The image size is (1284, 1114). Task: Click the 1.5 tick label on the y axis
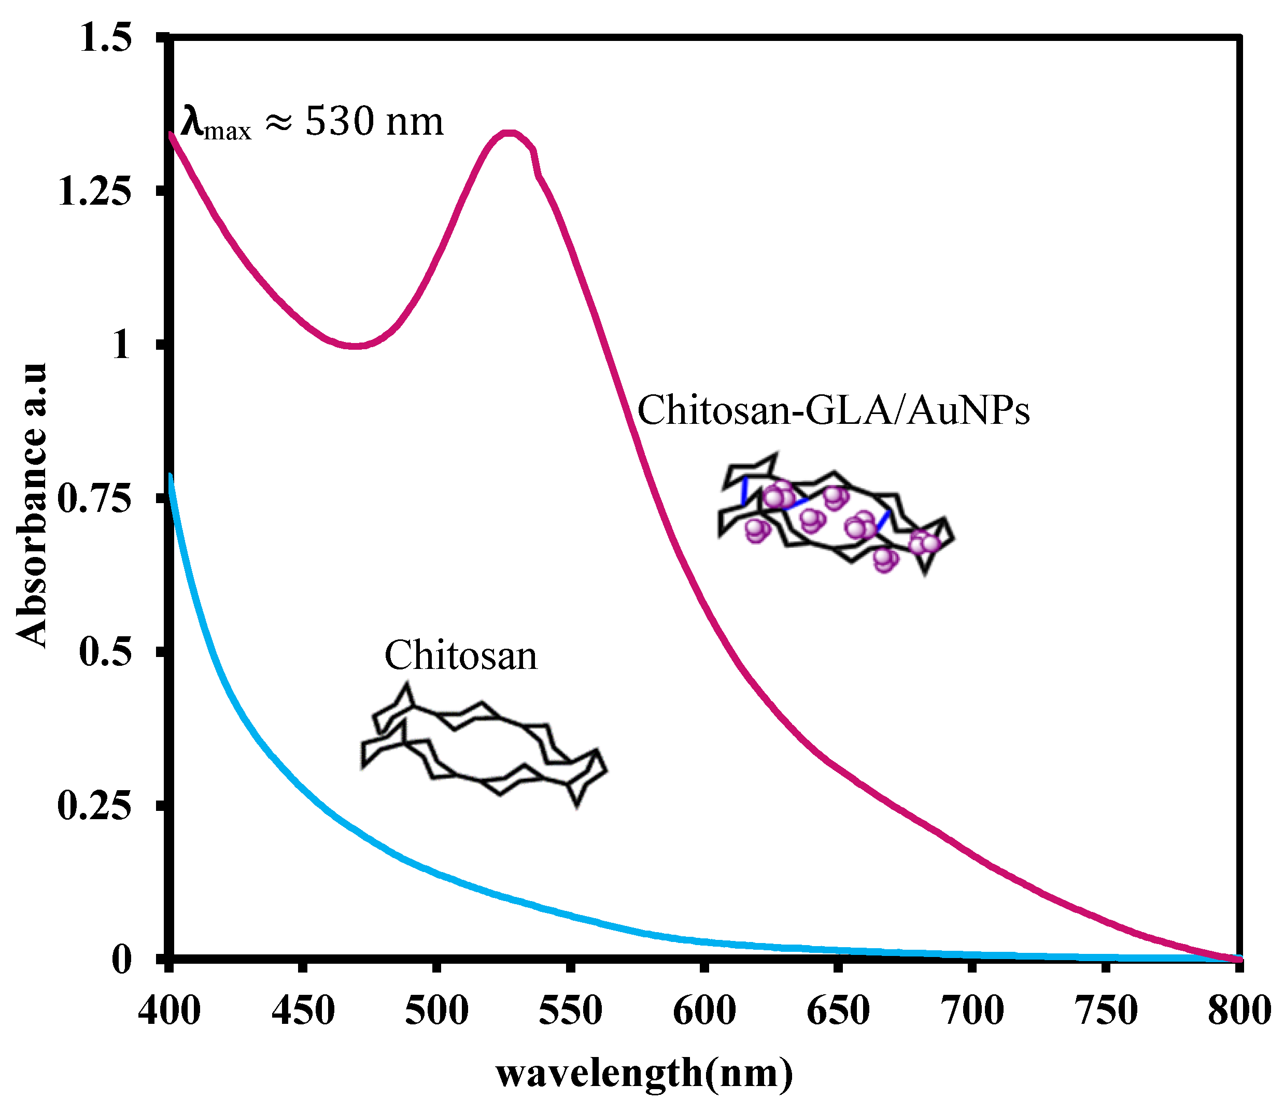coord(106,38)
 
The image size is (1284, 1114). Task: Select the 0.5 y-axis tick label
coord(106,652)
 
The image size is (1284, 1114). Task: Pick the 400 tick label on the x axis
coord(169,1010)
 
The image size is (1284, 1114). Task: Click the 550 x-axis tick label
coord(570,1010)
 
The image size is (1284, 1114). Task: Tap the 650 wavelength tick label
coord(838,1010)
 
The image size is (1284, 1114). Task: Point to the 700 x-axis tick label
coord(972,1010)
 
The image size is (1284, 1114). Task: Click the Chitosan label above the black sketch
coord(461,655)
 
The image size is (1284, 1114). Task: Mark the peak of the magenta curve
coord(509,133)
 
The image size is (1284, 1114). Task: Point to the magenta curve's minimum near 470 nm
coord(355,346)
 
